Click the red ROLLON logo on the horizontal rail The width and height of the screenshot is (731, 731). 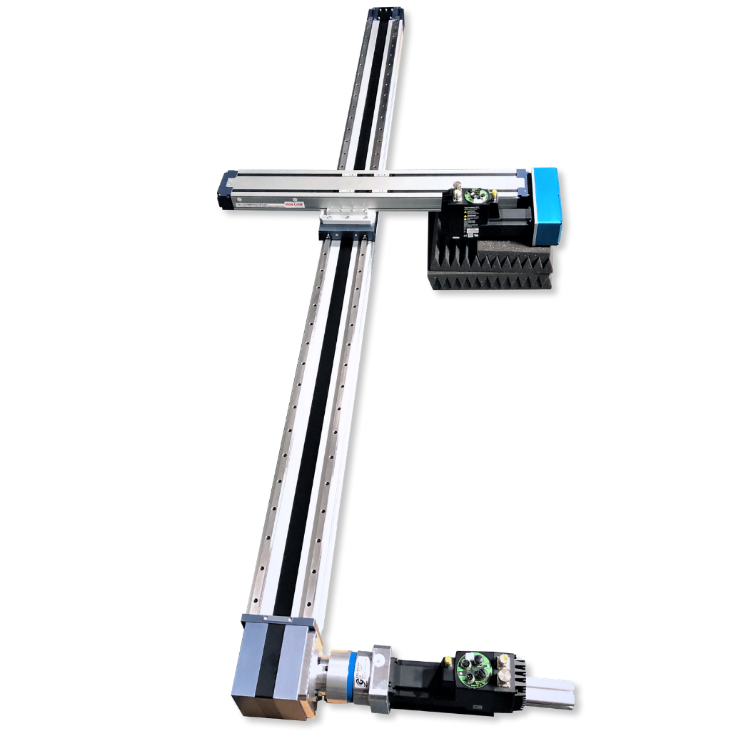294,203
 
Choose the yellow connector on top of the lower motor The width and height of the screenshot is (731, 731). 504,658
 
